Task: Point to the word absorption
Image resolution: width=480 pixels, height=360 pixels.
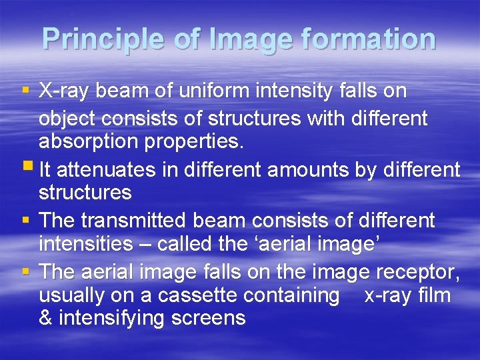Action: pyautogui.click(x=91, y=141)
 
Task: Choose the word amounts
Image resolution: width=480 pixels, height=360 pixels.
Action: pyautogui.click(x=307, y=170)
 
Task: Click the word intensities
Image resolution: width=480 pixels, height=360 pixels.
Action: pyautogui.click(x=86, y=244)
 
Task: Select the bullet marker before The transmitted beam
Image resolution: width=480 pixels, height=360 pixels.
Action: pyautogui.click(x=27, y=220)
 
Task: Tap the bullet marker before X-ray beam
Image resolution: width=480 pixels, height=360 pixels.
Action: pyautogui.click(x=27, y=90)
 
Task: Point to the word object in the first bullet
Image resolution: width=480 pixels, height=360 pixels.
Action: pyautogui.click(x=64, y=118)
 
